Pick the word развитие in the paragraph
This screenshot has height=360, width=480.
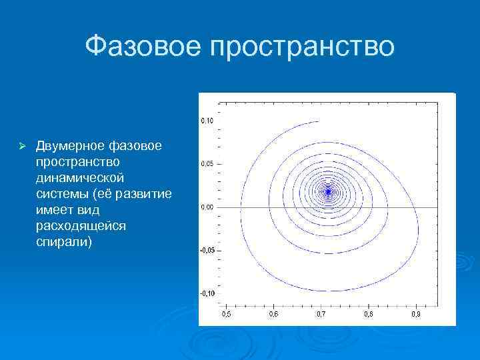146,194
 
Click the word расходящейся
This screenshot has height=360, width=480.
81,226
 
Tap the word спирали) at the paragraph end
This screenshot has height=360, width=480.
65,242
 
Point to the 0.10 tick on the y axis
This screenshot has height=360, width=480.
207,121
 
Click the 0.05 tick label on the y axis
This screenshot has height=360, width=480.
207,163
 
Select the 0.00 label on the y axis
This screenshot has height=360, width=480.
207,207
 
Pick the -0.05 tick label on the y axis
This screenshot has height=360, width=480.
207,250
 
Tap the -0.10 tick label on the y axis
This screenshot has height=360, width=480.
207,293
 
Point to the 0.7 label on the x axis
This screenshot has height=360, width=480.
320,313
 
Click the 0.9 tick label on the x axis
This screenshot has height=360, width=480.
415,313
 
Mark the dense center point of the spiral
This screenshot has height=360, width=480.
328,191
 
